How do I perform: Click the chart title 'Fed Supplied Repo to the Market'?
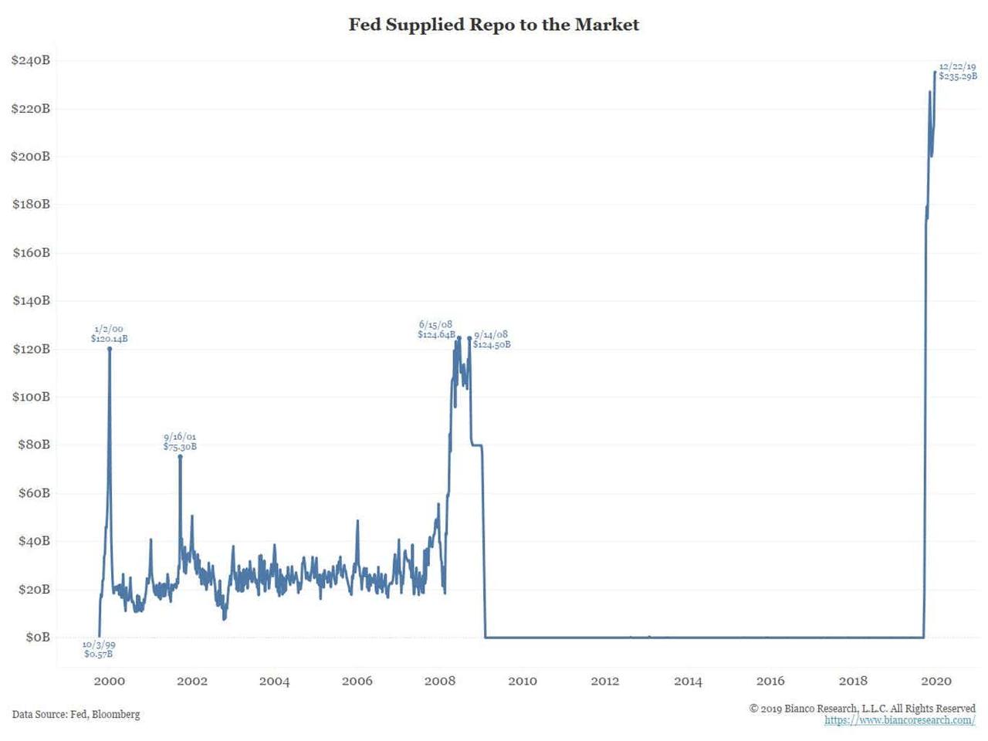pyautogui.click(x=494, y=25)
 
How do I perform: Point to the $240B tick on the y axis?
pyautogui.click(x=31, y=60)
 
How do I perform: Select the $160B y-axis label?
pyautogui.click(x=31, y=252)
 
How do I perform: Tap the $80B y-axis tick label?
pyautogui.click(x=34, y=445)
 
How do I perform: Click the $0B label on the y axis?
pyautogui.click(x=38, y=637)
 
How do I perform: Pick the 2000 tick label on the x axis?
pyautogui.click(x=109, y=681)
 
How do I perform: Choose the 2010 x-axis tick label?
pyautogui.click(x=523, y=681)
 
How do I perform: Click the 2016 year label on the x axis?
pyautogui.click(x=770, y=681)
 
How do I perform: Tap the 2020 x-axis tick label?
pyautogui.click(x=936, y=681)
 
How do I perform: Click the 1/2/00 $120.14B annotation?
pyautogui.click(x=109, y=333)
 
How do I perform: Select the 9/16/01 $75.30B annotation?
pyautogui.click(x=180, y=442)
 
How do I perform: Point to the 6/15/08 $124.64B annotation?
pyautogui.click(x=436, y=330)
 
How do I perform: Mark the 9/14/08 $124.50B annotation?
pyautogui.click(x=492, y=340)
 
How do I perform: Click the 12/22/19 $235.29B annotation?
pyautogui.click(x=958, y=71)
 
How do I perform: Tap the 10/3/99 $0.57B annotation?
pyautogui.click(x=99, y=649)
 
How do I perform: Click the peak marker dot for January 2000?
pyautogui.click(x=110, y=349)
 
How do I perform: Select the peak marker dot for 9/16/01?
pyautogui.click(x=181, y=456)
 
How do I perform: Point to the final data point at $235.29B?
pyautogui.click(x=935, y=73)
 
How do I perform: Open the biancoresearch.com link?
pyautogui.click(x=899, y=720)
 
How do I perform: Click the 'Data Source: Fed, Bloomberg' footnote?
pyautogui.click(x=76, y=714)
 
